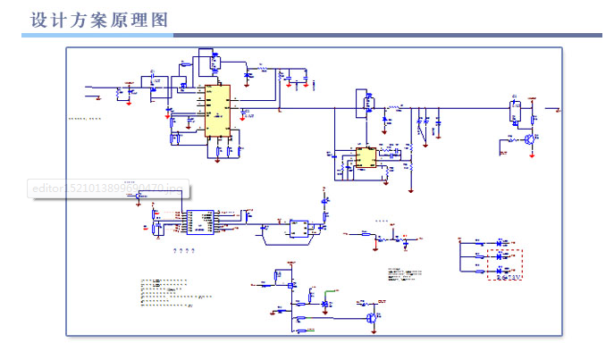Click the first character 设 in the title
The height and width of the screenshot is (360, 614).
click(x=38, y=19)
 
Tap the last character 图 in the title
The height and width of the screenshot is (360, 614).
click(x=162, y=19)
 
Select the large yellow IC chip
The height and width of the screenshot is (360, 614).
click(x=217, y=111)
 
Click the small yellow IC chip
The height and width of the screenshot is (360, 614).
click(x=365, y=158)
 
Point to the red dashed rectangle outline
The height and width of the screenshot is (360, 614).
click(x=504, y=259)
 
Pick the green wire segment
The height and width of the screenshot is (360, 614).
click(x=331, y=291)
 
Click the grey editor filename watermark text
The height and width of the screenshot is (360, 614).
click(x=107, y=188)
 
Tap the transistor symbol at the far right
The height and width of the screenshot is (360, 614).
click(x=531, y=139)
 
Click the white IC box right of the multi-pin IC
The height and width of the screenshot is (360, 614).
click(x=298, y=229)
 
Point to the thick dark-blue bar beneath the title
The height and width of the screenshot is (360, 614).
click(x=384, y=35)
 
